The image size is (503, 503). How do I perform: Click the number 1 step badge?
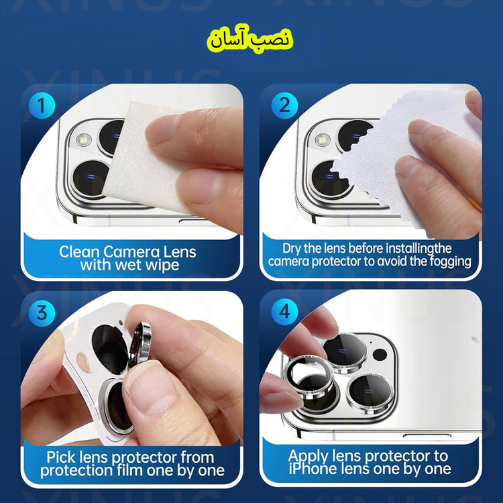(41, 105)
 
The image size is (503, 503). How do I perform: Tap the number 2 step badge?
(284, 105)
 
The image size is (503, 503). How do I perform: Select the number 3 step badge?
(42, 313)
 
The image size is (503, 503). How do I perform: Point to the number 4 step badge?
(284, 311)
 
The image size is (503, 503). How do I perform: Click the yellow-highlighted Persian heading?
(250, 40)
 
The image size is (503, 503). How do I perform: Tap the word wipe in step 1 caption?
(162, 266)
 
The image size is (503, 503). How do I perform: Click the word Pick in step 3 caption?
(61, 457)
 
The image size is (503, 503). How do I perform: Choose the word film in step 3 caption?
(130, 470)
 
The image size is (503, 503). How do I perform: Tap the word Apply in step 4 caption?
(309, 457)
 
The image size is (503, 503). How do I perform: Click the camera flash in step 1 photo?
(83, 140)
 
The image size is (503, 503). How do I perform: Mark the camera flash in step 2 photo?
(323, 139)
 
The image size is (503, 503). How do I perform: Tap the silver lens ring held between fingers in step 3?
(140, 343)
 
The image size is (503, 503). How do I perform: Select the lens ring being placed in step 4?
(307, 376)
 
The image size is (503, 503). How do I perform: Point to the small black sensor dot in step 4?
(380, 355)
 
